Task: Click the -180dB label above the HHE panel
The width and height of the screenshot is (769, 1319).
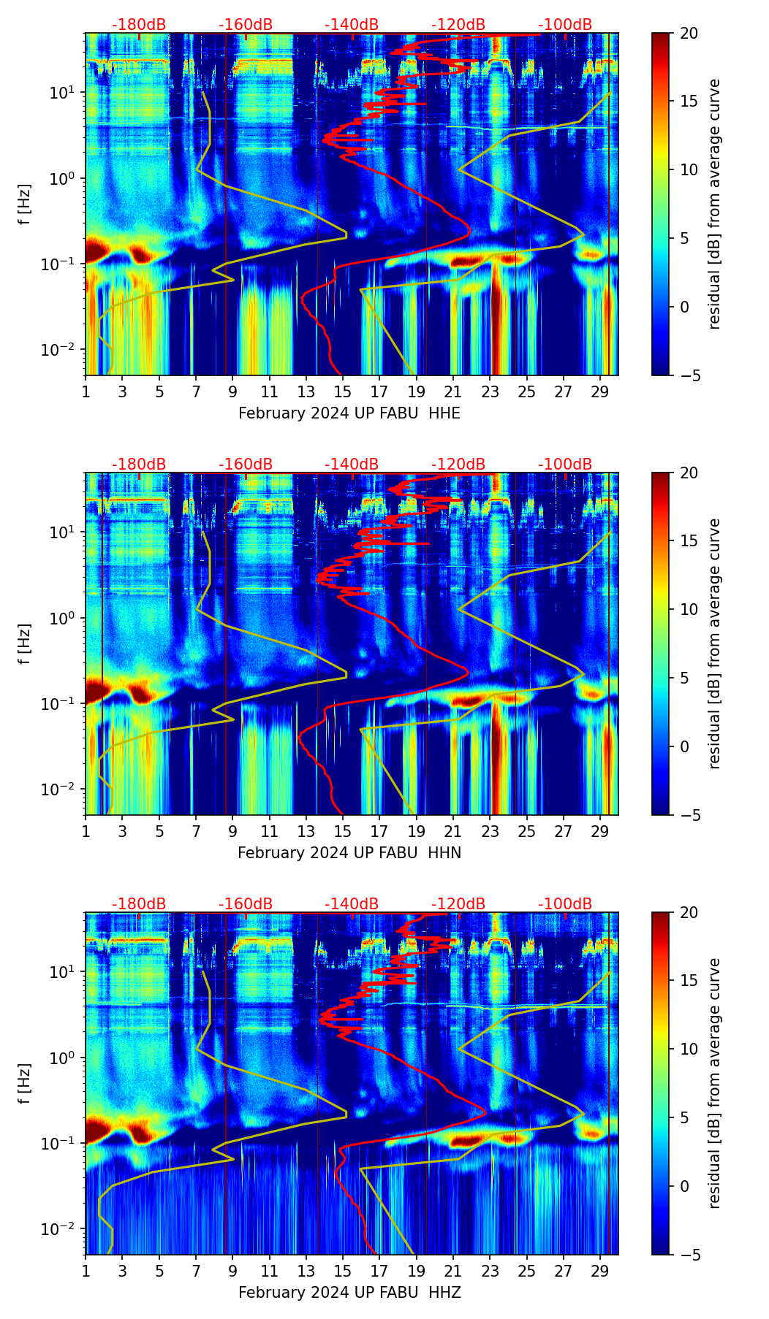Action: [x=139, y=25]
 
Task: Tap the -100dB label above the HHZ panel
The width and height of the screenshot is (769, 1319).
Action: [x=565, y=904]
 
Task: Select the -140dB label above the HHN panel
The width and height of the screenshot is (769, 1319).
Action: [x=352, y=464]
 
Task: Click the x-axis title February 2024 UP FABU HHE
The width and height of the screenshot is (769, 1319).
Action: [x=349, y=413]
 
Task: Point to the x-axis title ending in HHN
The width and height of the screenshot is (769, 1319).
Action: [x=349, y=853]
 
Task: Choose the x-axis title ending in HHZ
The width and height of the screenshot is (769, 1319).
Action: [x=349, y=1293]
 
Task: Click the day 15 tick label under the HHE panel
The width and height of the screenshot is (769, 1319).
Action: [x=342, y=391]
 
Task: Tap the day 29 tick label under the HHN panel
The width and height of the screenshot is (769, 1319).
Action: [x=600, y=831]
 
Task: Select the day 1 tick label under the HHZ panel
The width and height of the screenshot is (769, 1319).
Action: [x=86, y=1271]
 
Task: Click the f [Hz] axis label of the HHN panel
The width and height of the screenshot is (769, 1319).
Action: [x=26, y=643]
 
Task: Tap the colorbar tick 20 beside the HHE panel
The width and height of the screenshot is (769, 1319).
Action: [x=689, y=34]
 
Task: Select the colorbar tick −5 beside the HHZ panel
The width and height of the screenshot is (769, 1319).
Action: [x=689, y=1255]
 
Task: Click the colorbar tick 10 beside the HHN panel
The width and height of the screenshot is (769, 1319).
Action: [x=689, y=609]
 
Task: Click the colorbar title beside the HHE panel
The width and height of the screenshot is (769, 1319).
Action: [x=714, y=204]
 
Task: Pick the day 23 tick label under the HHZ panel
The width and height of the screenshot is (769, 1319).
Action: [x=490, y=1271]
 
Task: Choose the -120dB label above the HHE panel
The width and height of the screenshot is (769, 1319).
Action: [x=458, y=25]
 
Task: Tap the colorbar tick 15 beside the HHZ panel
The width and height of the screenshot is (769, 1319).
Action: [x=689, y=981]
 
